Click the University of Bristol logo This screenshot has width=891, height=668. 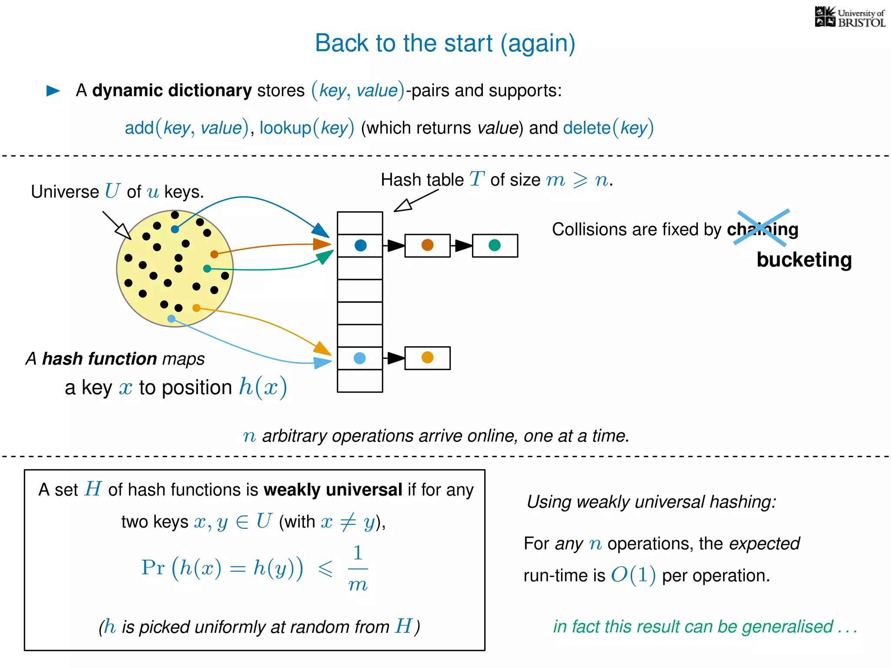(850, 17)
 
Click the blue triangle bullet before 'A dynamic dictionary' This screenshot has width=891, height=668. (53, 90)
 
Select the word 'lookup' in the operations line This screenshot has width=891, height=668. (285, 128)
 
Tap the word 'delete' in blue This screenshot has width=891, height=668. (586, 128)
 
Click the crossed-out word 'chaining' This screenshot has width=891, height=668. (762, 229)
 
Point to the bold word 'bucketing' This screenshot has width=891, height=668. (804, 260)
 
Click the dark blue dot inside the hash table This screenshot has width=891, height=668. (361, 245)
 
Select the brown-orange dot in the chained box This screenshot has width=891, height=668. (427, 245)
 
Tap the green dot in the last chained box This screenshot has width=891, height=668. (495, 245)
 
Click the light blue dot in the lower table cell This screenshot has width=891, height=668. (360, 358)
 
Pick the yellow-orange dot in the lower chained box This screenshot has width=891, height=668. (427, 357)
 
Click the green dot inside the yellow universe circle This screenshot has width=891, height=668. (207, 269)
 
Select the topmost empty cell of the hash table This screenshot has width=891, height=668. (360, 223)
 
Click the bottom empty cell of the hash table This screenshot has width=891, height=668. (360, 381)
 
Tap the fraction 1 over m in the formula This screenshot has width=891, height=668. (358, 569)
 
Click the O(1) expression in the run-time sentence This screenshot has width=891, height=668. (633, 575)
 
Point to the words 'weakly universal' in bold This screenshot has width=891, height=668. (333, 490)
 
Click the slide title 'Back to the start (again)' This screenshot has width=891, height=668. (445, 43)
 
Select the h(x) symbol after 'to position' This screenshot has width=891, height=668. (263, 387)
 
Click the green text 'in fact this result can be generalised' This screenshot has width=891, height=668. (693, 627)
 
